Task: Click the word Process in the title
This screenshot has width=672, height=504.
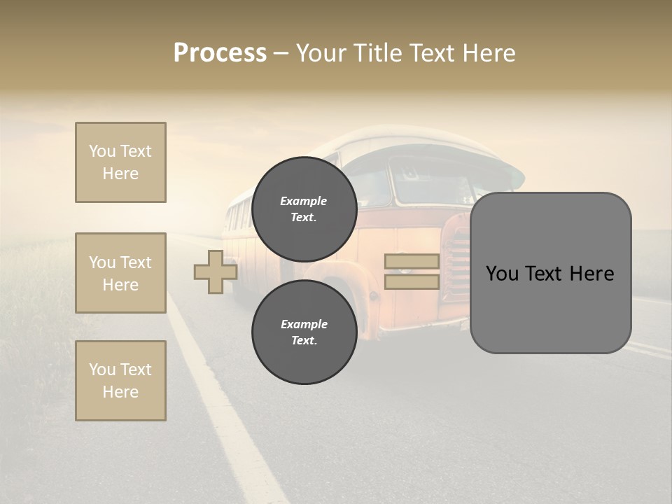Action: pyautogui.click(x=220, y=53)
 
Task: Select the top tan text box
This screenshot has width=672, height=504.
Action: pyautogui.click(x=120, y=162)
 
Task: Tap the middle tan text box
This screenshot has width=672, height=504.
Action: pyautogui.click(x=120, y=273)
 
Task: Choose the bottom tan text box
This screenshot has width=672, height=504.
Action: pyautogui.click(x=120, y=381)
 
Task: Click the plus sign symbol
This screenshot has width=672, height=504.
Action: pyautogui.click(x=215, y=272)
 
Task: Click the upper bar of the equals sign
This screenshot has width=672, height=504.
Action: pyautogui.click(x=412, y=261)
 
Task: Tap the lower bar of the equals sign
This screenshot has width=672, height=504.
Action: pyautogui.click(x=412, y=281)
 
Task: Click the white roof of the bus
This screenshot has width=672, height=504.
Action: pyautogui.click(x=420, y=140)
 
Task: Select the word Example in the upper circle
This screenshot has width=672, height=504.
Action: pyautogui.click(x=304, y=201)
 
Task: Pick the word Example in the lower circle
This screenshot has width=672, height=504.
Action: pyautogui.click(x=304, y=324)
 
